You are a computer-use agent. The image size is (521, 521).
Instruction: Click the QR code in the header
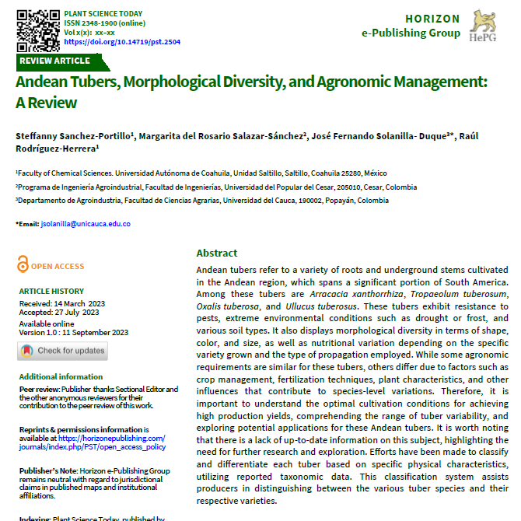click(x=38, y=28)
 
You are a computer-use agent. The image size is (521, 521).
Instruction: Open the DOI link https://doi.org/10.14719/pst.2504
click(x=122, y=42)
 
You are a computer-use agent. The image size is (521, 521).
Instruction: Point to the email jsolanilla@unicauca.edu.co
click(x=86, y=224)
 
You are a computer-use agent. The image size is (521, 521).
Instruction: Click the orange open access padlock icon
click(x=23, y=265)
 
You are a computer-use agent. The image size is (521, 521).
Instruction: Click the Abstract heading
click(x=217, y=254)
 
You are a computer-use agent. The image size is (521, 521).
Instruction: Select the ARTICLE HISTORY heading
click(x=51, y=292)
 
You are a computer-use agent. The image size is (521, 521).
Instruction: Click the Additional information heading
click(x=61, y=377)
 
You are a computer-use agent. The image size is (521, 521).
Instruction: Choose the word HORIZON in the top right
click(x=432, y=19)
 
